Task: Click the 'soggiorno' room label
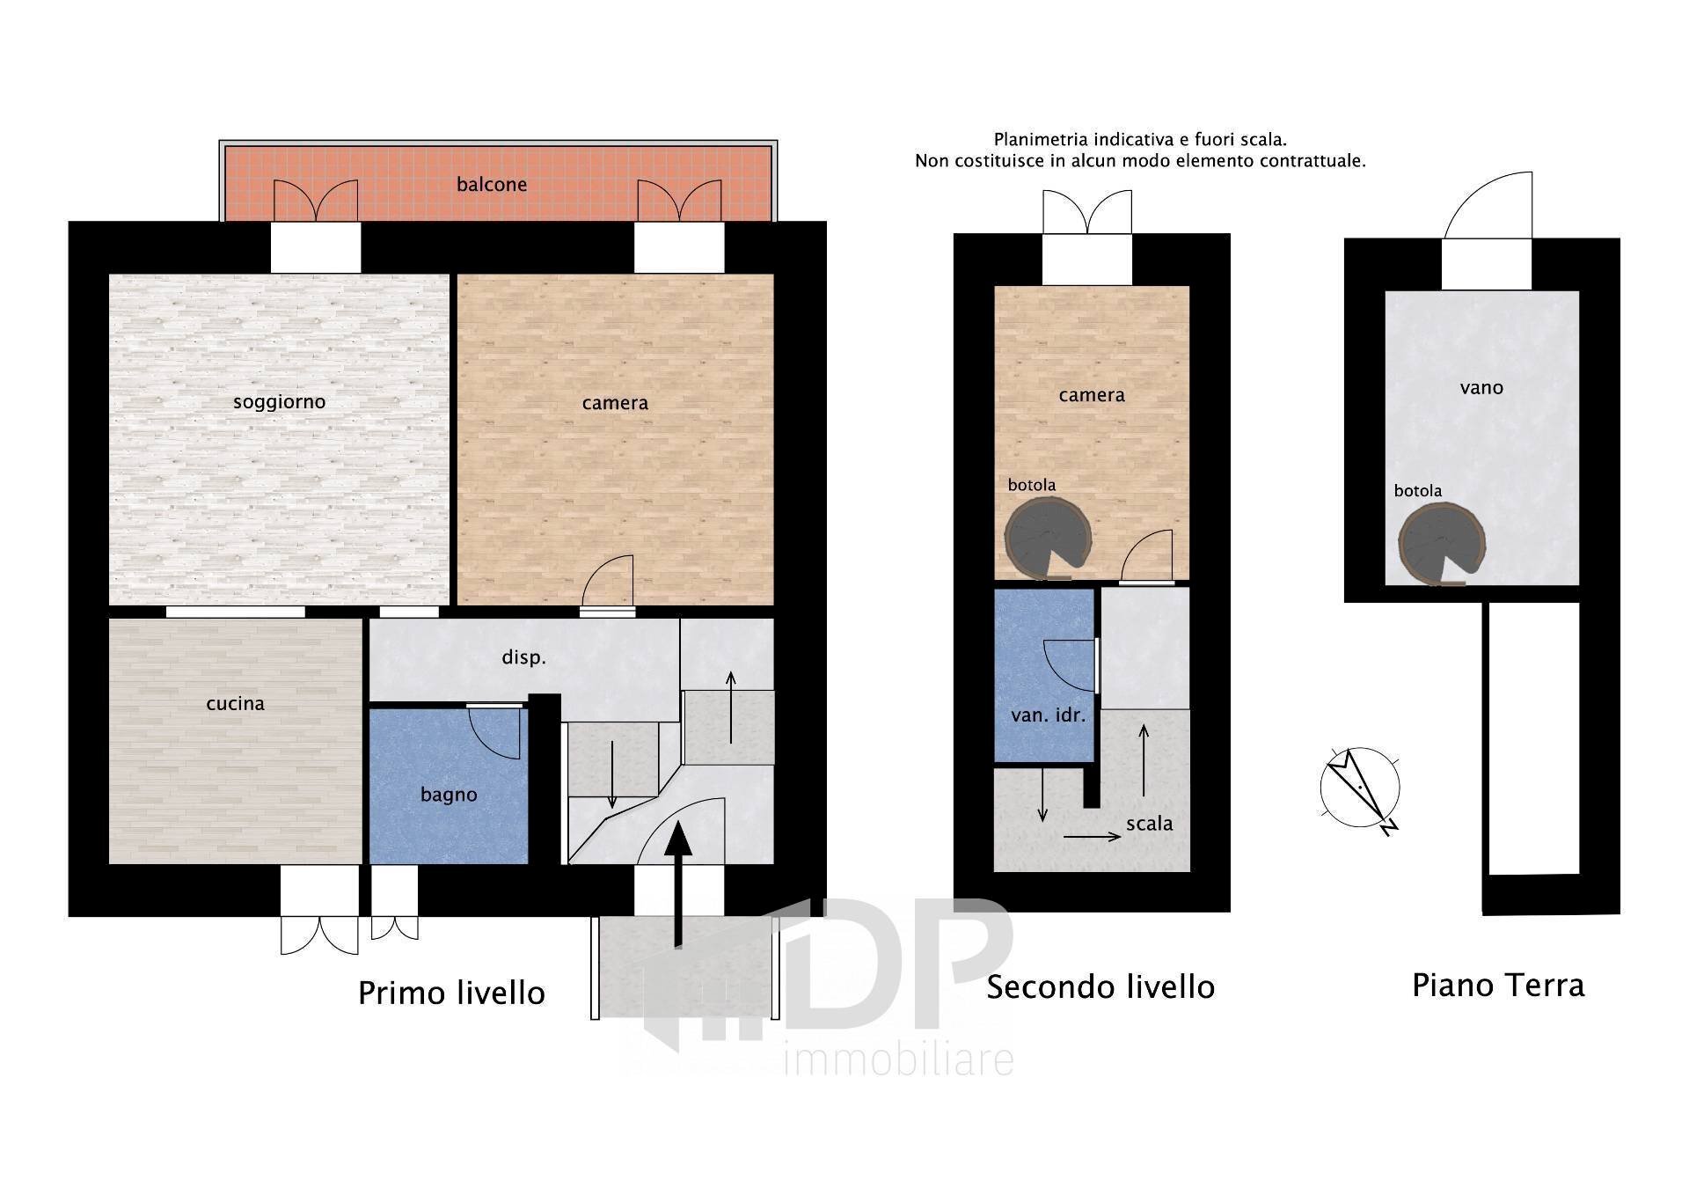[x=279, y=403]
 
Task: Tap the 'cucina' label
[x=235, y=703]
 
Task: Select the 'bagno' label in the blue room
[x=449, y=795]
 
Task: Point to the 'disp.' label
[x=523, y=657]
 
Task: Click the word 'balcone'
[x=492, y=185]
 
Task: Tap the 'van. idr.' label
[x=1048, y=715]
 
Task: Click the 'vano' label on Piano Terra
[x=1481, y=388]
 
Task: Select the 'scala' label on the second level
[x=1150, y=824]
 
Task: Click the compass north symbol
[x=1360, y=788]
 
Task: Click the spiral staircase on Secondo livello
[x=1049, y=539]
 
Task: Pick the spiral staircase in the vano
[x=1442, y=545]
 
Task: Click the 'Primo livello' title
[x=451, y=993]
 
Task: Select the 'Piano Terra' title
[x=1498, y=986]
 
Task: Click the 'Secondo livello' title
[x=1100, y=987]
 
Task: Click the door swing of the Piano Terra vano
[x=1488, y=205]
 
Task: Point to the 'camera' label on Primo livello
[x=615, y=404]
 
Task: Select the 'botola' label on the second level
[x=1032, y=485]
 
